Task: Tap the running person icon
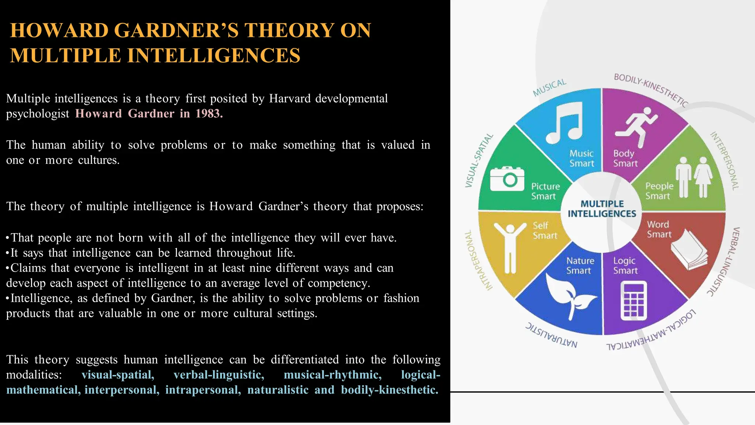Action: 636,125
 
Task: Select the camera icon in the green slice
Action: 507,179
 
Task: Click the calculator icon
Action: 634,300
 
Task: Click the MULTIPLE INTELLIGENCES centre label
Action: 602,209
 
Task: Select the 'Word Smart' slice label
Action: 659,229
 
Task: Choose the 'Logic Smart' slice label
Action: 625,266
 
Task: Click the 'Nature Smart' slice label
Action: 580,266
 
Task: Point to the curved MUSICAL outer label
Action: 549,88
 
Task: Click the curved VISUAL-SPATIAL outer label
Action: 479,160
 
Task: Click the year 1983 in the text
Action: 209,114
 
